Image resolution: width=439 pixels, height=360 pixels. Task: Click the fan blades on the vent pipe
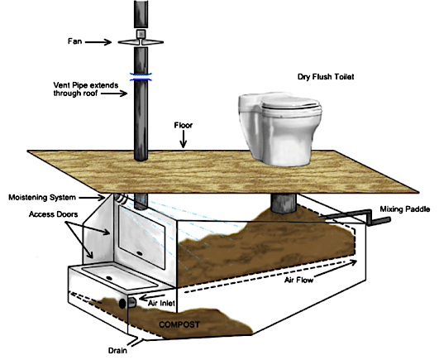(x=141, y=42)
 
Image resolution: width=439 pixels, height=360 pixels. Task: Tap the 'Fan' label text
(x=74, y=41)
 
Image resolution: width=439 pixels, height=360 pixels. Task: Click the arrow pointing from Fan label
(x=98, y=42)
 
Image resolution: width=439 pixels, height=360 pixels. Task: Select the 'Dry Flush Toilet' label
(x=326, y=76)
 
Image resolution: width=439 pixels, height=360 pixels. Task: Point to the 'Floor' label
(x=184, y=125)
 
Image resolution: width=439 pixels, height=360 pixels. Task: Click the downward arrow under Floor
(x=184, y=139)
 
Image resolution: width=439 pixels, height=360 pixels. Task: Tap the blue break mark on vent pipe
(x=141, y=76)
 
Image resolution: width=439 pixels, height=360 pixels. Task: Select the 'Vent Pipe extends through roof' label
(x=86, y=89)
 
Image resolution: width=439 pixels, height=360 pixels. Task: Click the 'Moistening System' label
(x=42, y=198)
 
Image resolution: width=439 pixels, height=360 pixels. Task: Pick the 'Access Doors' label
(x=53, y=214)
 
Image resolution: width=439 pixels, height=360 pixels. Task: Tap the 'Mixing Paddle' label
(x=405, y=209)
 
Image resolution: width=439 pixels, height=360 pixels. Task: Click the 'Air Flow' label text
(x=298, y=280)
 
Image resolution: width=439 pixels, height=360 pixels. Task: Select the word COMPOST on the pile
(x=179, y=324)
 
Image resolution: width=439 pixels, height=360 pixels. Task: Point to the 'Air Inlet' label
(x=161, y=303)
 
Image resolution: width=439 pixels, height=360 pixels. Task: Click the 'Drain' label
(x=117, y=350)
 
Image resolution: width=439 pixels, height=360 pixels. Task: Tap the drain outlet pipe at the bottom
(x=136, y=341)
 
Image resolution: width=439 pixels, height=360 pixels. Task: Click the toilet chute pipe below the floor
(x=284, y=203)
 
